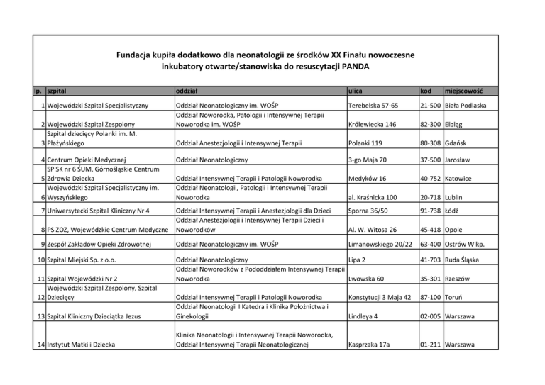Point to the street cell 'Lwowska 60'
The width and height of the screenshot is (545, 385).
coord(366,279)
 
